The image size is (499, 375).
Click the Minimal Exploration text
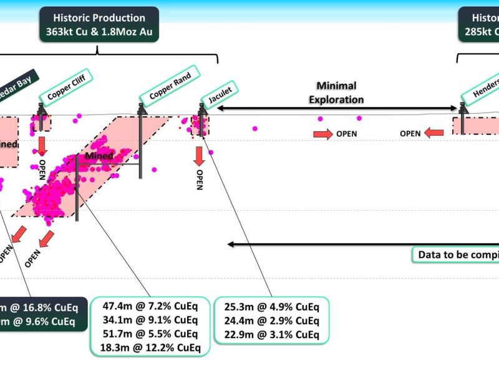340,92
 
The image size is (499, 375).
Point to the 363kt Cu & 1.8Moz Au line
100,32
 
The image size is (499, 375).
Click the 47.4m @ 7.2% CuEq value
150,307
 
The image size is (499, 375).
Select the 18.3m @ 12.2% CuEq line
150,346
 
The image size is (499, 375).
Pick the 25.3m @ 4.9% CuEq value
271,307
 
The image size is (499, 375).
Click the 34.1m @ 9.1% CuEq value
150,320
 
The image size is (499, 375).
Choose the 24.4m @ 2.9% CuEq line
271,320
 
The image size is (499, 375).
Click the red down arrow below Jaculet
200,156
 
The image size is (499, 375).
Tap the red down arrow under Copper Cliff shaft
42,145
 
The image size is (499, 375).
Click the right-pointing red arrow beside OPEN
322,134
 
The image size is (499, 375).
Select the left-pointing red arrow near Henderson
435,132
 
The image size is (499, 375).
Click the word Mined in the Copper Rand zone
100,156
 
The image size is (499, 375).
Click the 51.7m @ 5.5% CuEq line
150,333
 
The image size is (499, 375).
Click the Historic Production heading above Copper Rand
100,18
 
